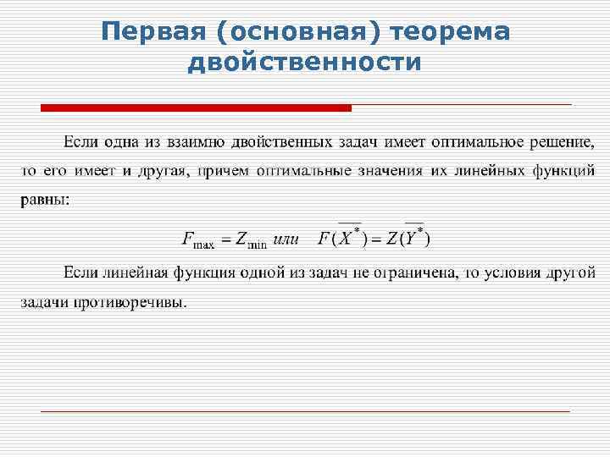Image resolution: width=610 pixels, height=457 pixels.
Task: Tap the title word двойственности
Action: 305,62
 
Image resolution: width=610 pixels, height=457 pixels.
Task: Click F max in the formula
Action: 198,240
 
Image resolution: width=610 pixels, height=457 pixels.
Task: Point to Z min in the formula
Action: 251,240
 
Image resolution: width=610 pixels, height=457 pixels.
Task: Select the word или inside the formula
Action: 287,239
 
